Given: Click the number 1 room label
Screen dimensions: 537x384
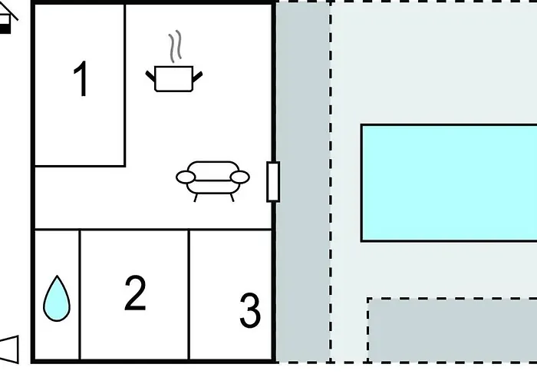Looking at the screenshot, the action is click(x=81, y=79).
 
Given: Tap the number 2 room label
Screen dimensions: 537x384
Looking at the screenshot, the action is click(x=135, y=293).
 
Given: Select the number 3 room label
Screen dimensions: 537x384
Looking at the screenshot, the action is click(x=249, y=310).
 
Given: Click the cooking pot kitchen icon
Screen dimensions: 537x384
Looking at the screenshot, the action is click(x=174, y=78).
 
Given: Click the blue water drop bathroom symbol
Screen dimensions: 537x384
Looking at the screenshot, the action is click(x=57, y=299).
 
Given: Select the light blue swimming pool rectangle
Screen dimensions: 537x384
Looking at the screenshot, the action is click(x=449, y=183).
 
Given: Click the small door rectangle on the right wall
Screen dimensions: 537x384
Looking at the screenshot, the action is click(x=273, y=182).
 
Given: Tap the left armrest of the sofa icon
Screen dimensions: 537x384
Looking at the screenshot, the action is click(x=186, y=177).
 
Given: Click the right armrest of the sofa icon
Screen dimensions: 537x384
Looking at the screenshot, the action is click(x=239, y=177).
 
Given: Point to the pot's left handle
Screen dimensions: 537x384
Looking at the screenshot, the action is click(x=150, y=77).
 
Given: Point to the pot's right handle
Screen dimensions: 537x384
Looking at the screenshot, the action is click(x=198, y=77).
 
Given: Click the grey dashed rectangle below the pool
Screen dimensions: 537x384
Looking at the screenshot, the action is click(x=452, y=329).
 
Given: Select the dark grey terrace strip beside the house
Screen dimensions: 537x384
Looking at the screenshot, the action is click(x=303, y=182).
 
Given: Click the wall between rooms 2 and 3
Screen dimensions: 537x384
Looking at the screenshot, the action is click(x=189, y=294).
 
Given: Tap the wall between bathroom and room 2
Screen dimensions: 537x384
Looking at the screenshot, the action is click(x=80, y=294).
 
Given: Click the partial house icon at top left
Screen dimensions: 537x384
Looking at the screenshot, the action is click(x=7, y=19).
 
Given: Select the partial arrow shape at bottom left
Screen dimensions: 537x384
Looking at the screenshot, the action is click(x=9, y=349).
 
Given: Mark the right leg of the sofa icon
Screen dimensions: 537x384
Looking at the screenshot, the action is click(x=232, y=197).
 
